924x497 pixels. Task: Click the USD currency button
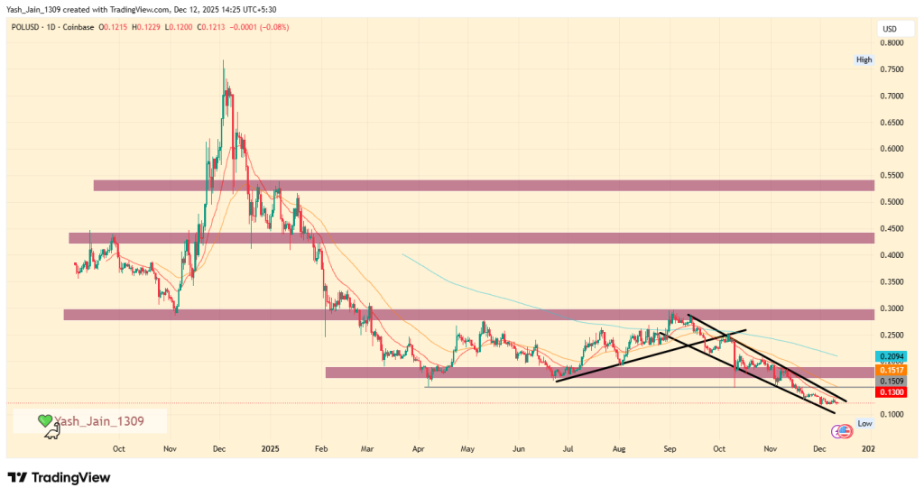click(x=889, y=30)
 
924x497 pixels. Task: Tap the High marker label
click(x=864, y=60)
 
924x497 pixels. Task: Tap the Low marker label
click(x=864, y=423)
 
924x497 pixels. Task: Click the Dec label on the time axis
click(x=218, y=447)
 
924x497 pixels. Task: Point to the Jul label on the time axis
click(x=568, y=447)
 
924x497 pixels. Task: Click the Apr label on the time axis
click(x=418, y=447)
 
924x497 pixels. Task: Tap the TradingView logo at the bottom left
click(x=60, y=477)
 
